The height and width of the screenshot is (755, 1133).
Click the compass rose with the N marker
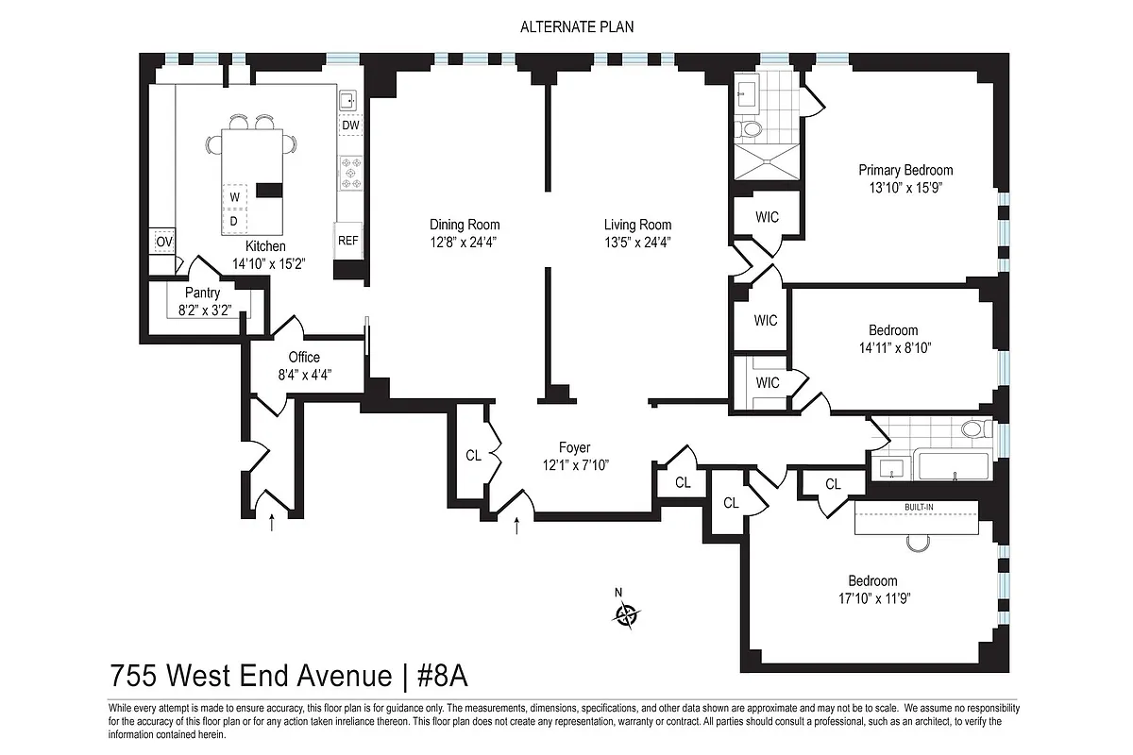(626, 615)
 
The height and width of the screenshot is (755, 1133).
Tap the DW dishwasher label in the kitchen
(350, 125)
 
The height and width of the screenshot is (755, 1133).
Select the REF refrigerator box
(348, 241)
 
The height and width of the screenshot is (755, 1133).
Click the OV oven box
(164, 242)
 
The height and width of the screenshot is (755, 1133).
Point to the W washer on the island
(233, 196)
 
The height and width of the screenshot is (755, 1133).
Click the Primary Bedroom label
(905, 170)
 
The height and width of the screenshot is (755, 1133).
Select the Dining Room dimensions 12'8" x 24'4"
(465, 242)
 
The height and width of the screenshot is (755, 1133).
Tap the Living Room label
(637, 225)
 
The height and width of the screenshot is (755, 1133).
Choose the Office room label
(304, 358)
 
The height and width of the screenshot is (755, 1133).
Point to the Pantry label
(202, 294)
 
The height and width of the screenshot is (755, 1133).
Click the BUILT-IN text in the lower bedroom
(919, 509)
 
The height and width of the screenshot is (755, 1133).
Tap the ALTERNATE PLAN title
(577, 26)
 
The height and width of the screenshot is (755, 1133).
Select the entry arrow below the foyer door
(516, 525)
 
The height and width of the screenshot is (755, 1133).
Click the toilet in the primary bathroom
(751, 128)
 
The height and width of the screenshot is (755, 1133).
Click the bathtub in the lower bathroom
(953, 466)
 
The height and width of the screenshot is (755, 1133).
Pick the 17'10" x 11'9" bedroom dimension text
(872, 597)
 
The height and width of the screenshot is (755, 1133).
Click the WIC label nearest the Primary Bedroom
(768, 217)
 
